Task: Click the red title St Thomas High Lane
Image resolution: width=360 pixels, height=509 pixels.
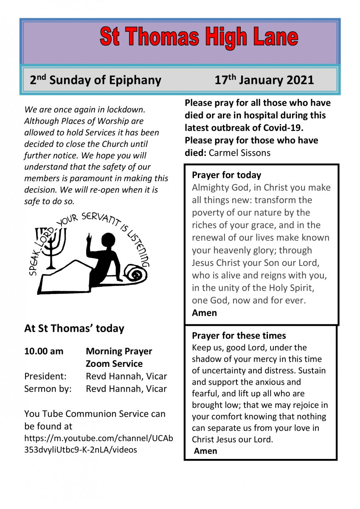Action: pyautogui.click(x=199, y=37)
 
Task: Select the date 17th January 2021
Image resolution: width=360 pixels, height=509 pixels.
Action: pyautogui.click(x=264, y=80)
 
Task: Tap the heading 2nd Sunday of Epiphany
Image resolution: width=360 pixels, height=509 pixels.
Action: pyautogui.click(x=96, y=80)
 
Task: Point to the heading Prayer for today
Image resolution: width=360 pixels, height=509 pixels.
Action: pyautogui.click(x=226, y=175)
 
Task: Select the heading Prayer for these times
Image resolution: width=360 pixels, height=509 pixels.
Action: pyautogui.click(x=239, y=336)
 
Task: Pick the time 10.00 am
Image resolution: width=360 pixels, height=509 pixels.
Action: pyautogui.click(x=44, y=351)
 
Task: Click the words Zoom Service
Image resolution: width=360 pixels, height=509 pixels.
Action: pyautogui.click(x=114, y=364)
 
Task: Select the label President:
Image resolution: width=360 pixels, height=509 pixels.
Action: pyautogui.click(x=45, y=376)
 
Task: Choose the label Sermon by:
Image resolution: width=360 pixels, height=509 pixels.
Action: pyautogui.click(x=48, y=389)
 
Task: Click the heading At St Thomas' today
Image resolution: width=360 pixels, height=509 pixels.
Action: pyautogui.click(x=74, y=328)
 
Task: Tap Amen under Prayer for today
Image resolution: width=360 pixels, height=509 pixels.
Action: pyautogui.click(x=204, y=313)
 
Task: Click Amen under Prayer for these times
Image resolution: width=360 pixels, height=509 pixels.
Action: pyautogui.click(x=205, y=451)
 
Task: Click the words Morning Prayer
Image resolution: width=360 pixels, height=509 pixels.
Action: pyautogui.click(x=119, y=351)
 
